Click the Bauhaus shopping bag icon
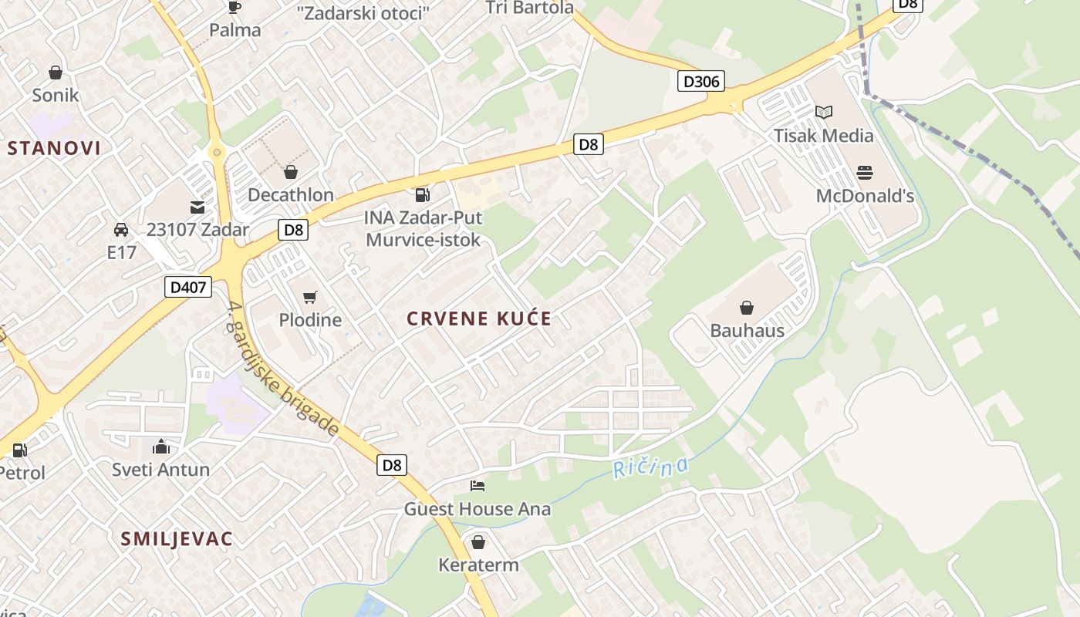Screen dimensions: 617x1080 [747, 308]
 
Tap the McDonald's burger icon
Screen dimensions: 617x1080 [865, 173]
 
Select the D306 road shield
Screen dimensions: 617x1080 [700, 81]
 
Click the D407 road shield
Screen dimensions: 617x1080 [187, 288]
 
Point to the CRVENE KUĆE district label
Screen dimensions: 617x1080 [479, 319]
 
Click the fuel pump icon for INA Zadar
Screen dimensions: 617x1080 [422, 195]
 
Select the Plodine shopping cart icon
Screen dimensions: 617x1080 [310, 297]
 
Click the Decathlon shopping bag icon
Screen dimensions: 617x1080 [291, 172]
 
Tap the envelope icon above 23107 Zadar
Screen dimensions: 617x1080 [197, 207]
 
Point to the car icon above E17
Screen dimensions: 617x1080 [121, 230]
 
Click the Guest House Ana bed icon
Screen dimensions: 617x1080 [478, 486]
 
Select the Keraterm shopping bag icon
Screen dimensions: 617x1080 [478, 542]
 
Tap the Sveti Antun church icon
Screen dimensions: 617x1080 [160, 447]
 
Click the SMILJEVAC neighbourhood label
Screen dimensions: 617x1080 [176, 539]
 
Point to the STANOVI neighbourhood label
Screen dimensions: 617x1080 [54, 148]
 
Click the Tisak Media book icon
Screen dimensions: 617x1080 [824, 113]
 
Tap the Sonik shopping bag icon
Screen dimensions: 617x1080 [56, 72]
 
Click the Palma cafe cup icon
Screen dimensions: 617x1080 [235, 8]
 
